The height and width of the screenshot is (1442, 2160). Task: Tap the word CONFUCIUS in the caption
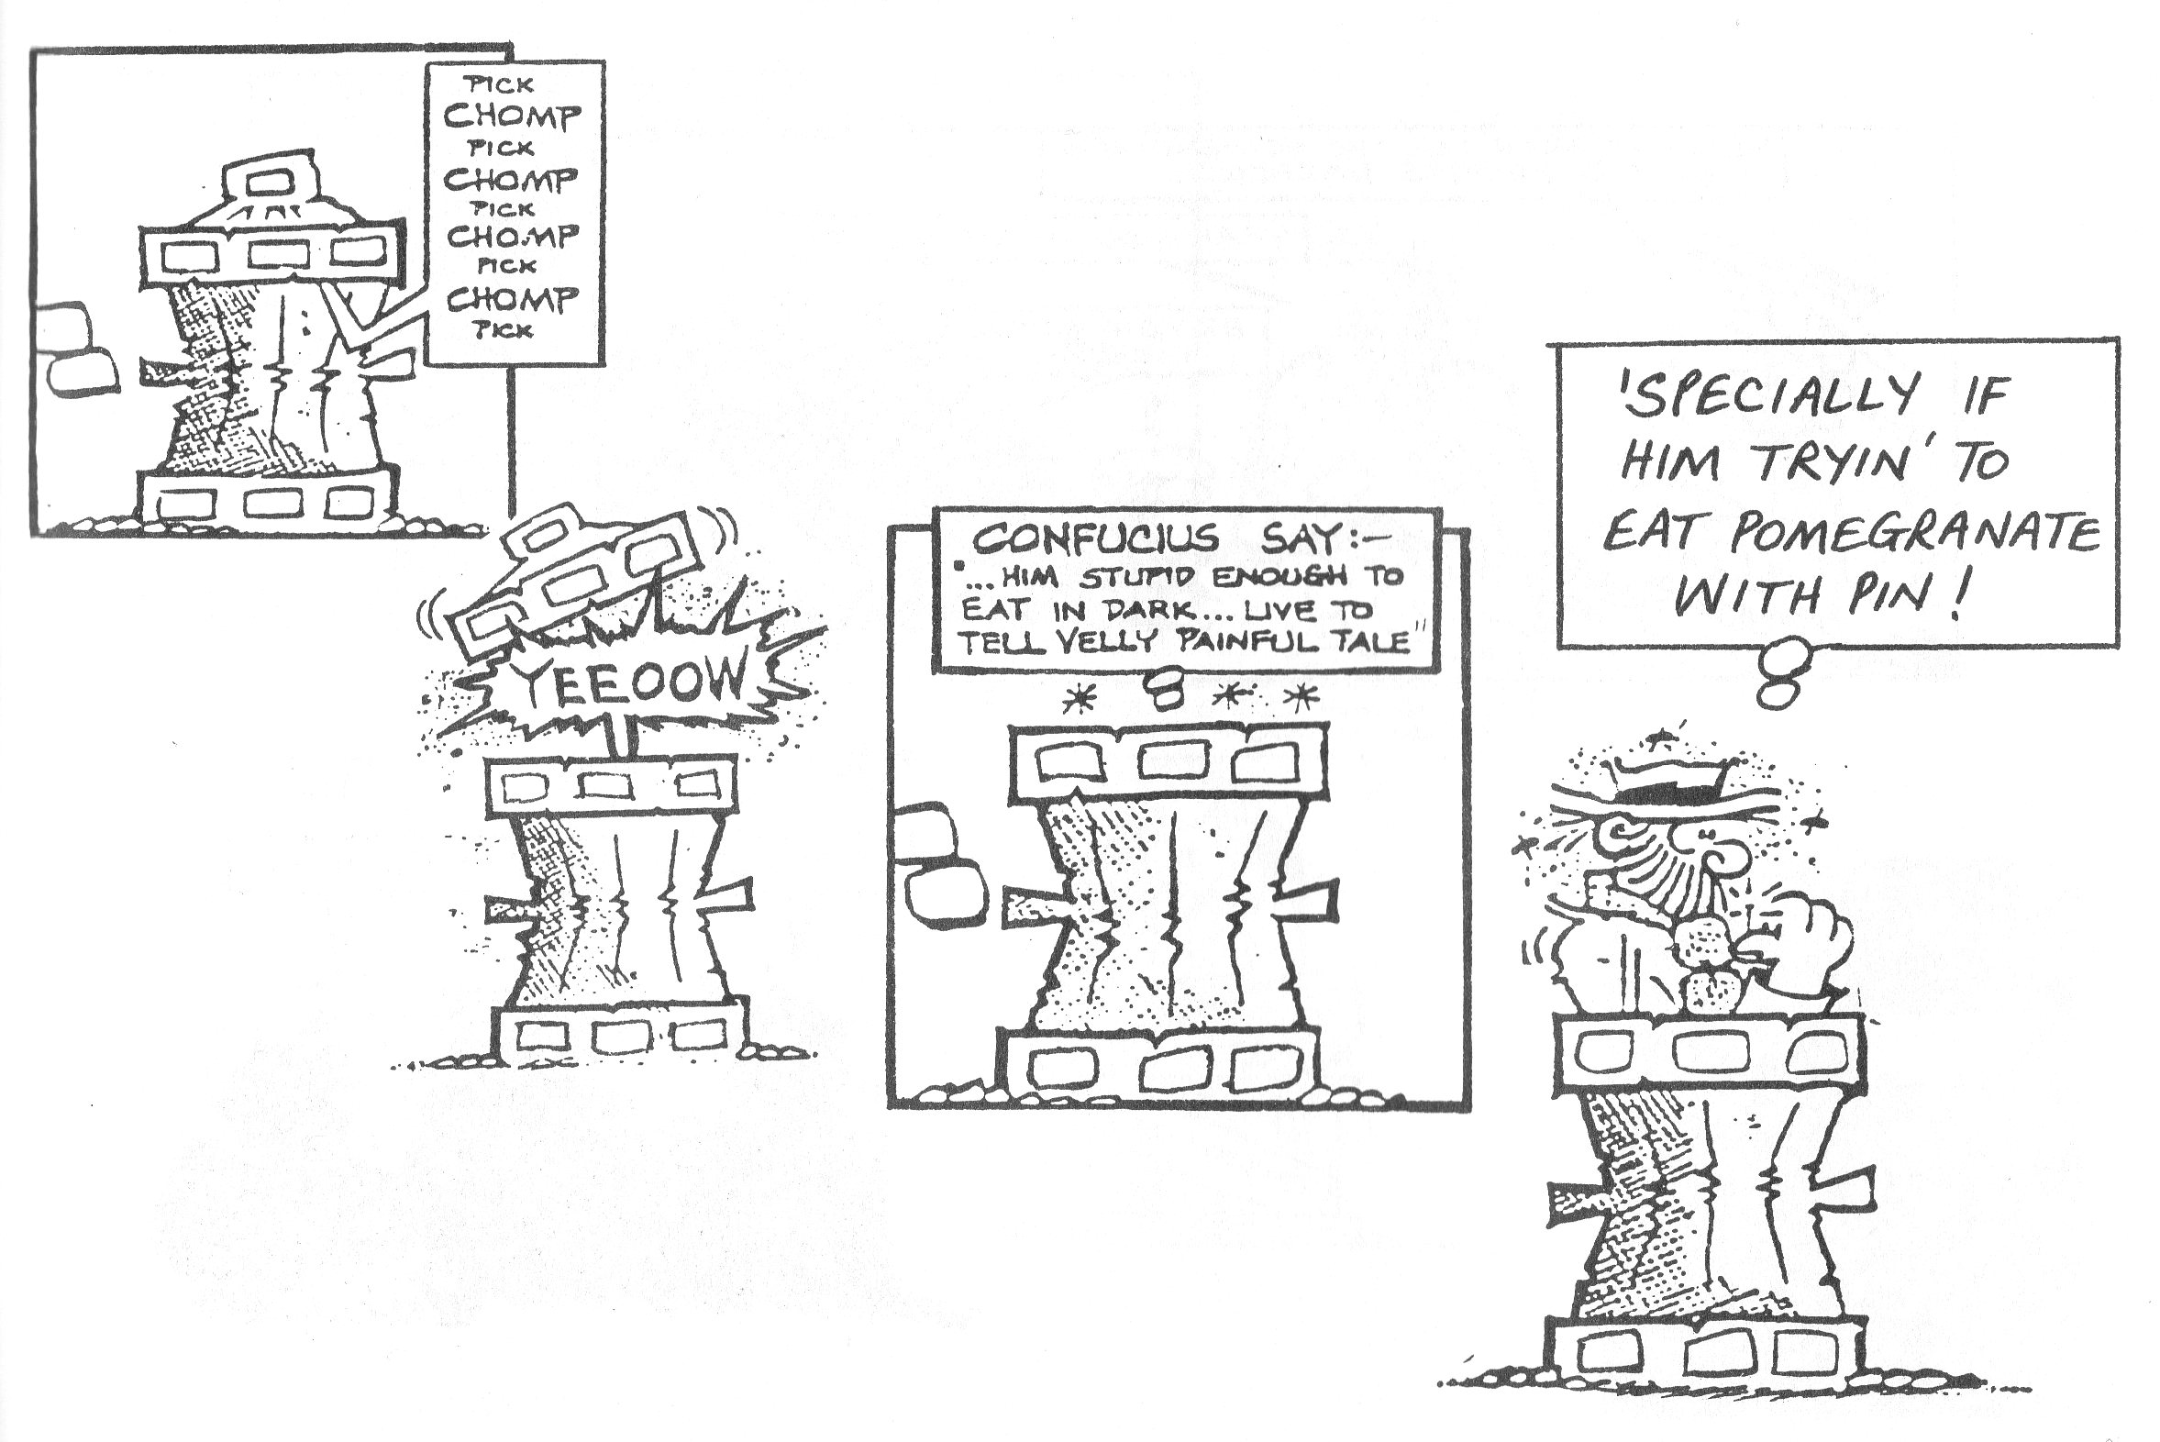tap(1095, 539)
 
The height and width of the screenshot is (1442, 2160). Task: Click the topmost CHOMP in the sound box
tap(512, 116)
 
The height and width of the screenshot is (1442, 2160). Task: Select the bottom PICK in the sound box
tap(503, 329)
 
